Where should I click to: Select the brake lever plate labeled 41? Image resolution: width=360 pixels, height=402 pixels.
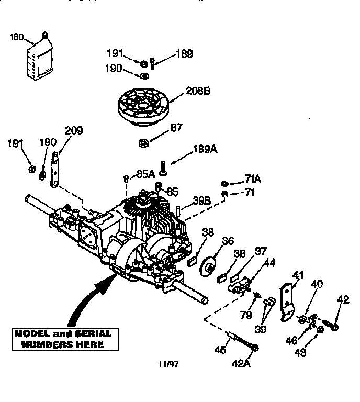tap(287, 299)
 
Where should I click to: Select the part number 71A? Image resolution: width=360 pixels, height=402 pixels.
tap(253, 181)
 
